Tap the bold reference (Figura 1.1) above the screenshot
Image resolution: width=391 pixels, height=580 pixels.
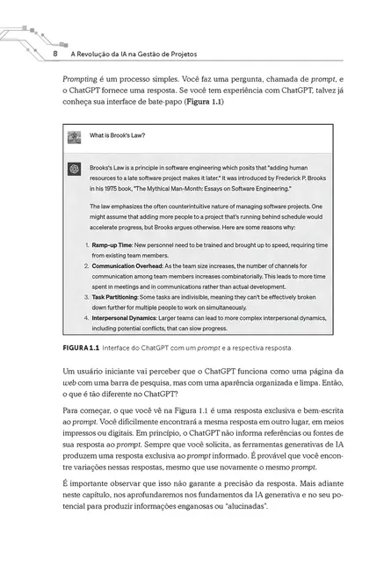[197, 102]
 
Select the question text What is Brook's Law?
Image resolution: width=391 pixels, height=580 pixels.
[118, 136]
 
